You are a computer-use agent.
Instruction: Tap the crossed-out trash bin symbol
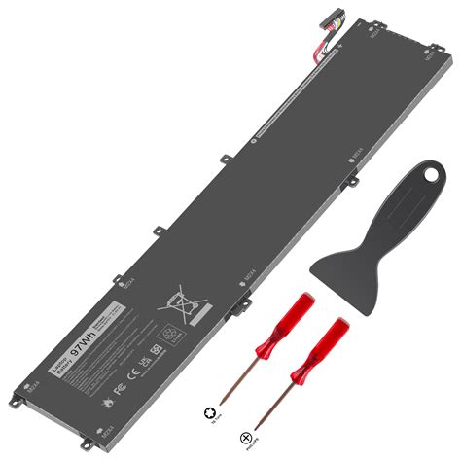click(178, 296)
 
